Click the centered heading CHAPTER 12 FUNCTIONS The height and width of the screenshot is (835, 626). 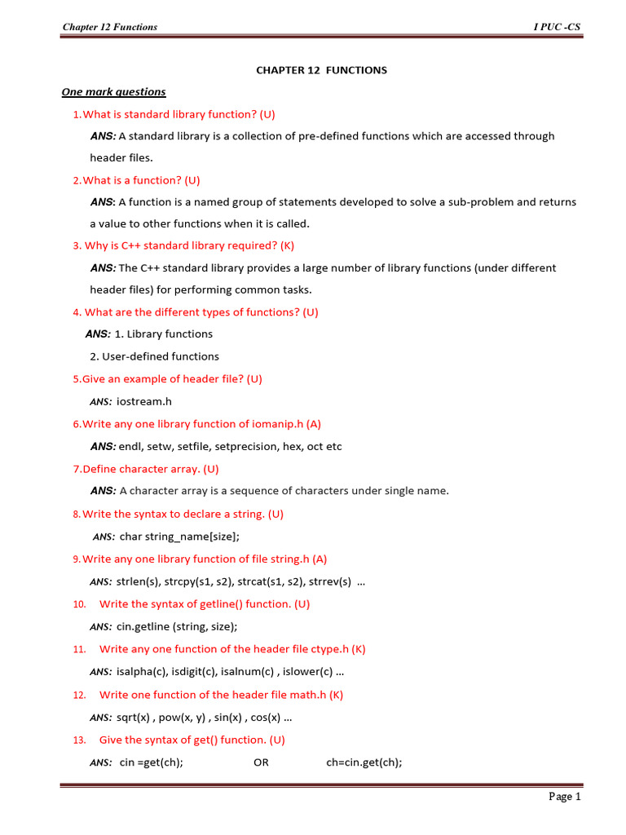tap(322, 70)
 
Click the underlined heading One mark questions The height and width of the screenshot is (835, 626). tap(114, 92)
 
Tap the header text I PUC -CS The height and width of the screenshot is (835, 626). tap(557, 27)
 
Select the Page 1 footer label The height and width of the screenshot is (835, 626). tap(565, 797)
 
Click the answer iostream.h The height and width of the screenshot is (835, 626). tap(144, 401)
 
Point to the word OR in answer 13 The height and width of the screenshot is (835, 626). tap(261, 762)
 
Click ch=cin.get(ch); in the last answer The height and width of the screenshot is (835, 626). tap(364, 762)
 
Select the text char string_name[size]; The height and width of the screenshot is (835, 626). tap(179, 537)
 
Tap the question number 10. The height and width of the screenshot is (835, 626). tap(79, 604)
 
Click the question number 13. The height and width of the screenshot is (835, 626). tap(79, 740)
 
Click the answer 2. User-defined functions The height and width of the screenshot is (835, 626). tap(154, 356)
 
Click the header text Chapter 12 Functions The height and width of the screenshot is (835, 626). tap(110, 27)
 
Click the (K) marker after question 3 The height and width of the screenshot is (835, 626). tap(287, 245)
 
